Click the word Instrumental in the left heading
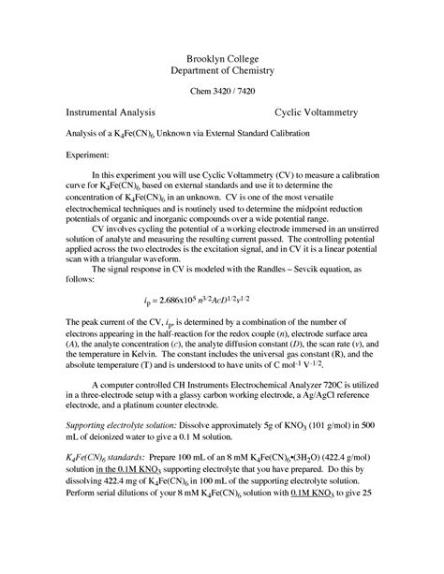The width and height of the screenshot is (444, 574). point(97,111)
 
